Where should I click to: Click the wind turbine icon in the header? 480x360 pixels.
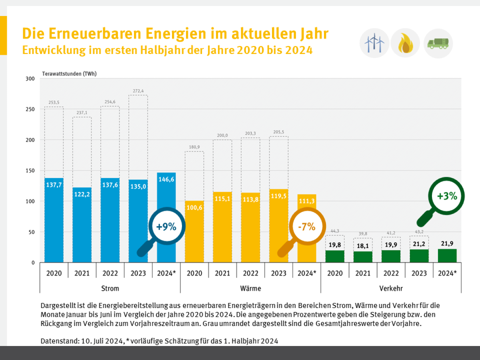pyautogui.click(x=374, y=43)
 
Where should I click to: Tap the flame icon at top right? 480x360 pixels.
pyautogui.click(x=405, y=43)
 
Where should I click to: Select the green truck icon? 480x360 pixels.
pyautogui.click(x=438, y=43)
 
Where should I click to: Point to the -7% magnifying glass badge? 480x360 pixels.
pyautogui.click(x=306, y=227)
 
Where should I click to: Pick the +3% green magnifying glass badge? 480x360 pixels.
pyautogui.click(x=446, y=196)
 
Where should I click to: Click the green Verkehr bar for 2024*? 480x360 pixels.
pyautogui.click(x=447, y=256)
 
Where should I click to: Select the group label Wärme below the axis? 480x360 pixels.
pyautogui.click(x=250, y=288)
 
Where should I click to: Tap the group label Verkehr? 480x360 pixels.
pyautogui.click(x=391, y=288)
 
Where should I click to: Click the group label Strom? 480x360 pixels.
pyautogui.click(x=110, y=288)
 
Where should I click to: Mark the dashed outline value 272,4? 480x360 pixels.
pyautogui.click(x=138, y=91)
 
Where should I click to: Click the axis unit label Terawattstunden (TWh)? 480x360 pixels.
pyautogui.click(x=69, y=74)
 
